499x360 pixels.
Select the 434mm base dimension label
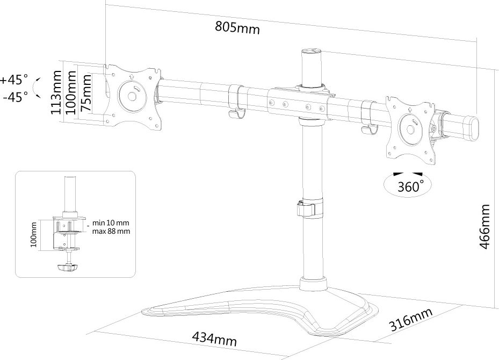click(214, 339)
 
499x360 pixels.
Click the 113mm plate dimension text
click(56, 92)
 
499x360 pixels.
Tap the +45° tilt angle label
click(15, 80)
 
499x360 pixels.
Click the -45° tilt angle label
click(16, 96)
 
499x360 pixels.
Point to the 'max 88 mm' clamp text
click(111, 231)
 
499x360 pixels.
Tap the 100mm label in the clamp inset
click(34, 234)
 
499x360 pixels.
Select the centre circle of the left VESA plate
click(132, 96)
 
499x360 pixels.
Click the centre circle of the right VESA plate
click(410, 129)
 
